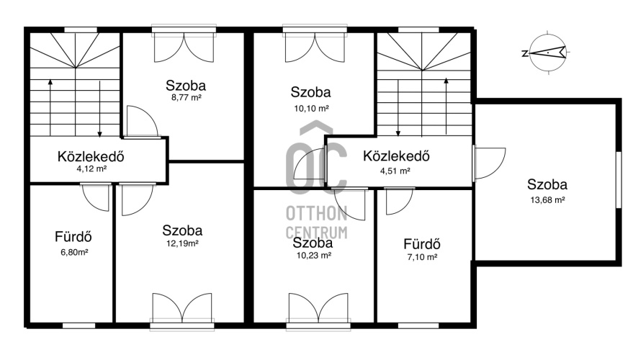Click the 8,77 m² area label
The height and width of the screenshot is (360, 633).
[x=186, y=97]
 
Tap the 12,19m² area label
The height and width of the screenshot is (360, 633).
[x=182, y=243]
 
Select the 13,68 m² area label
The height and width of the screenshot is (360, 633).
[x=547, y=199]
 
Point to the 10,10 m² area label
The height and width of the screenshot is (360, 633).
[x=311, y=108]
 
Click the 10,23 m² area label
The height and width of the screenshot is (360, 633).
[x=314, y=255]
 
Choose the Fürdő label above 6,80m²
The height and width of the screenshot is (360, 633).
[x=73, y=236]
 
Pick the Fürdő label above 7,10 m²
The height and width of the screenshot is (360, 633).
[x=422, y=244]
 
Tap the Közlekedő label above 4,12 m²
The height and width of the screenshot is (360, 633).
[x=91, y=156]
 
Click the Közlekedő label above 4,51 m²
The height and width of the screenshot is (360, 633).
[x=396, y=156]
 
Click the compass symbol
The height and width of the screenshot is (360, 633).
[x=548, y=53]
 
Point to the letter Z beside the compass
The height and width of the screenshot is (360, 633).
[x=525, y=53]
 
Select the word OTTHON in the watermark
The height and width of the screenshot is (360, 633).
[x=317, y=213]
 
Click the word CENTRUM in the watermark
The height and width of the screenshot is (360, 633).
[x=317, y=233]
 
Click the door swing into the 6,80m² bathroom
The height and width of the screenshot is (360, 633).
[x=96, y=197]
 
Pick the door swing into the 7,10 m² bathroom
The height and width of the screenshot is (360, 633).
[x=399, y=201]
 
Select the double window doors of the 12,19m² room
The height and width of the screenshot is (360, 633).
[x=182, y=308]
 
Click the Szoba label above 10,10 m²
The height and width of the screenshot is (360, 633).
[x=311, y=92]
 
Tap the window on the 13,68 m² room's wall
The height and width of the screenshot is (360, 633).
[x=619, y=180]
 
